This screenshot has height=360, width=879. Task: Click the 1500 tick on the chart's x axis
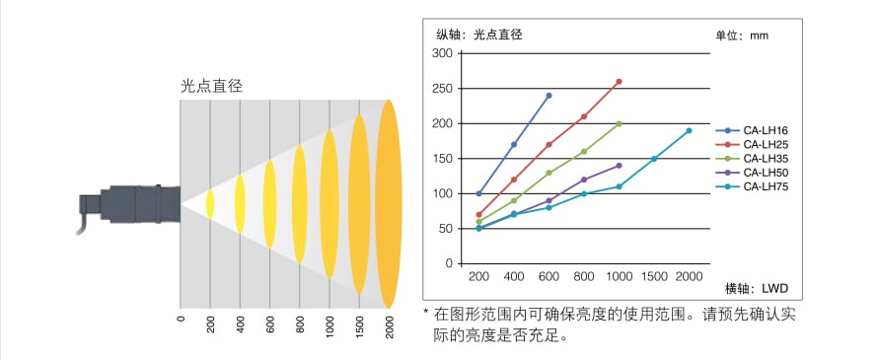pyautogui.click(x=653, y=277)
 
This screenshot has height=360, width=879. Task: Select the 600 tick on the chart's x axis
pyautogui.click(x=549, y=277)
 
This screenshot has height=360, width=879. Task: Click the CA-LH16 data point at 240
pyautogui.click(x=549, y=96)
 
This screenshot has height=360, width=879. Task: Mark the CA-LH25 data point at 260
pyautogui.click(x=619, y=82)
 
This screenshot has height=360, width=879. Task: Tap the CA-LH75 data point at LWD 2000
pyautogui.click(x=689, y=130)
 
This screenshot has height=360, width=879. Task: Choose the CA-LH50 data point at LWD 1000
pyautogui.click(x=619, y=166)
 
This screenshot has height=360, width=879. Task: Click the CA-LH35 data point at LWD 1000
pyautogui.click(x=619, y=124)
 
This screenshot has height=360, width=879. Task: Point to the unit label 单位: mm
pyautogui.click(x=741, y=36)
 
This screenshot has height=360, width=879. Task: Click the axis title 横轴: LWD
pyautogui.click(x=757, y=288)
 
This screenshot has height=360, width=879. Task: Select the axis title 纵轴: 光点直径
pyautogui.click(x=478, y=35)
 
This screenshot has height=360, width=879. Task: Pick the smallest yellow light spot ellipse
pyautogui.click(x=209, y=203)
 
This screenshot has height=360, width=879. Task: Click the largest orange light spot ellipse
pyautogui.click(x=390, y=203)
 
